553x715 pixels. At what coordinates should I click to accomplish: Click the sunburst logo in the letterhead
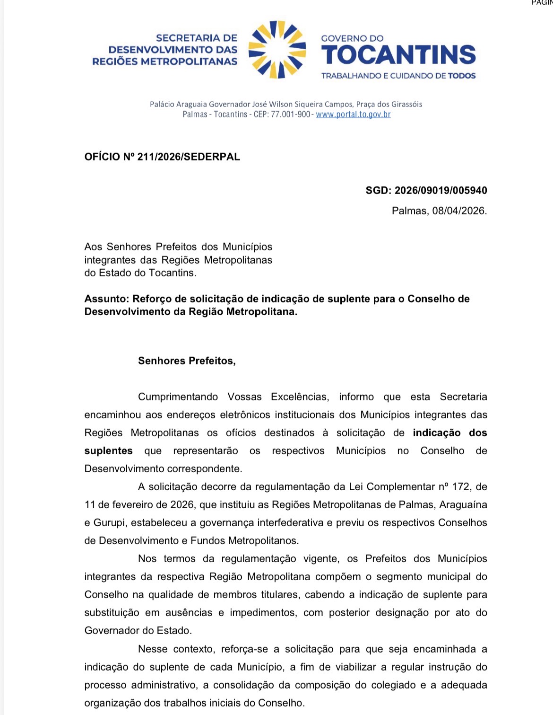click(x=277, y=49)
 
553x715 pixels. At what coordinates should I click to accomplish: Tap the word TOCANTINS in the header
click(x=398, y=55)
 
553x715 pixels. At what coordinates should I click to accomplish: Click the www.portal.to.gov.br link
click(x=353, y=115)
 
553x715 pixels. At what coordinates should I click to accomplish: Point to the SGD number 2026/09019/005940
click(x=441, y=191)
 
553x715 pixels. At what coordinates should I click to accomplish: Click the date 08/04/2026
click(x=459, y=211)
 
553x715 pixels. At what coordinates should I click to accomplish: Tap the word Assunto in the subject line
click(x=106, y=299)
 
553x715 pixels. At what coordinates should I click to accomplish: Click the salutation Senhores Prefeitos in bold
click(x=187, y=361)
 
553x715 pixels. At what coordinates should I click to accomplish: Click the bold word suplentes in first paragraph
click(x=108, y=451)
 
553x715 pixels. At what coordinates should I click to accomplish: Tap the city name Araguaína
click(x=463, y=505)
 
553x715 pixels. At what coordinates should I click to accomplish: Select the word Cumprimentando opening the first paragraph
click(x=178, y=397)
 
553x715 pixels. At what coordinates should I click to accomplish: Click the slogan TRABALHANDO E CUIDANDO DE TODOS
click(x=398, y=76)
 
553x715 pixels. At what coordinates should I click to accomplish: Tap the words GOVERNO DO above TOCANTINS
click(x=352, y=38)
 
